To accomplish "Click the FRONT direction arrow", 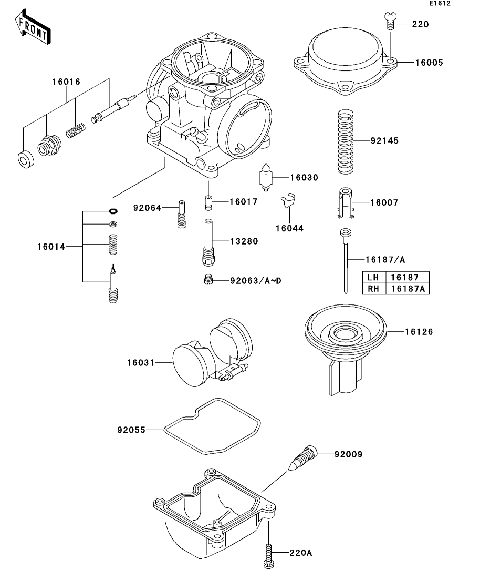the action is click(33, 27).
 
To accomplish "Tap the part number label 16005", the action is click(429, 63).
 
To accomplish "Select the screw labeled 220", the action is click(390, 21).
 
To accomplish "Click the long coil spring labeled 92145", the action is click(346, 141).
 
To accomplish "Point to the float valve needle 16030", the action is click(266, 177).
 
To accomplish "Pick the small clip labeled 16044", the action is click(288, 200).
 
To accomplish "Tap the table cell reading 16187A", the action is click(408, 289).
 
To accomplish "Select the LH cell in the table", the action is click(373, 277).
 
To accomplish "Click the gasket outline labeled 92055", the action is click(212, 426).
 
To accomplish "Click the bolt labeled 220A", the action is click(269, 556).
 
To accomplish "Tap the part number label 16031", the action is click(140, 363).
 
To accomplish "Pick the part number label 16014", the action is click(51, 247).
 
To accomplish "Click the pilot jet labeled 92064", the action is click(182, 215).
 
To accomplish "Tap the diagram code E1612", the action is click(440, 3).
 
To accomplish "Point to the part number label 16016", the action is click(66, 82).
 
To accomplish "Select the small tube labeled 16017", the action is click(209, 202).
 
